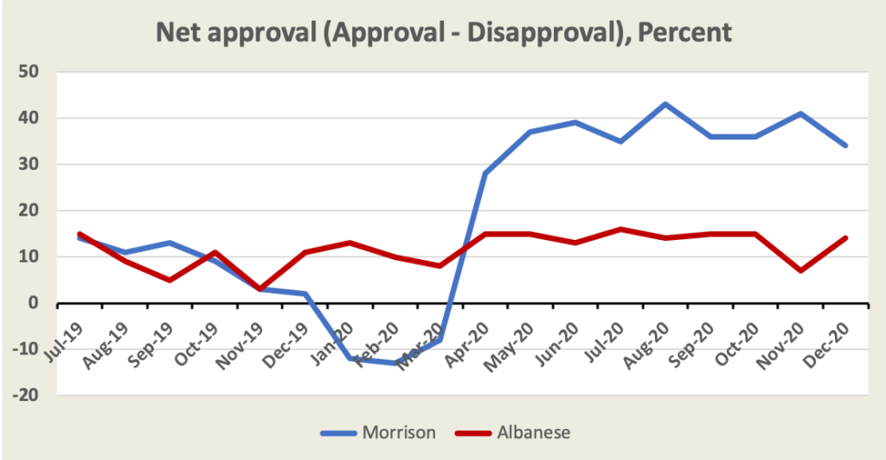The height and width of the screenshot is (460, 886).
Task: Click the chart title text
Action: (443, 32)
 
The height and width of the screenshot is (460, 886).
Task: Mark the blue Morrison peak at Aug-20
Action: (664, 104)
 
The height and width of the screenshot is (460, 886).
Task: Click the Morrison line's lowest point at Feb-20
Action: (395, 363)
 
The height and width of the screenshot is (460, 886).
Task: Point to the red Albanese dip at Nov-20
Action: (800, 270)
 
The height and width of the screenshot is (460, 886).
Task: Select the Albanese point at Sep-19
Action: (169, 280)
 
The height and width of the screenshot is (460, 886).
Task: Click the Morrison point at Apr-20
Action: (485, 173)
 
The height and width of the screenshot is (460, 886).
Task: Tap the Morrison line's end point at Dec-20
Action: (845, 146)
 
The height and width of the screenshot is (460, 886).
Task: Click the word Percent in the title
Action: (683, 32)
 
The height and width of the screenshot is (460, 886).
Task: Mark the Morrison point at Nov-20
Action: (800, 113)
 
